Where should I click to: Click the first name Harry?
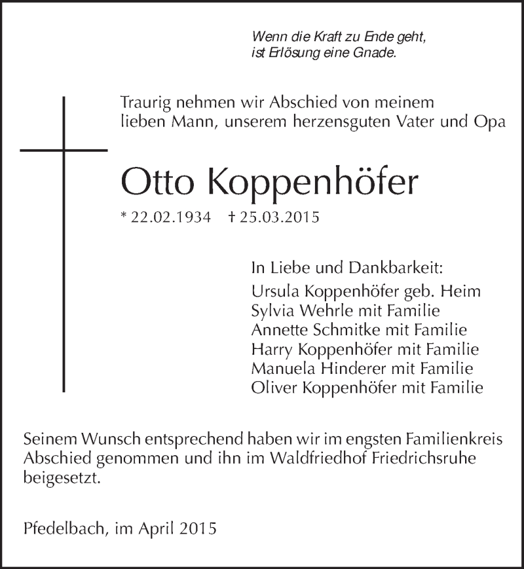click(x=269, y=349)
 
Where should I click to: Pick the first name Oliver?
click(x=271, y=388)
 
